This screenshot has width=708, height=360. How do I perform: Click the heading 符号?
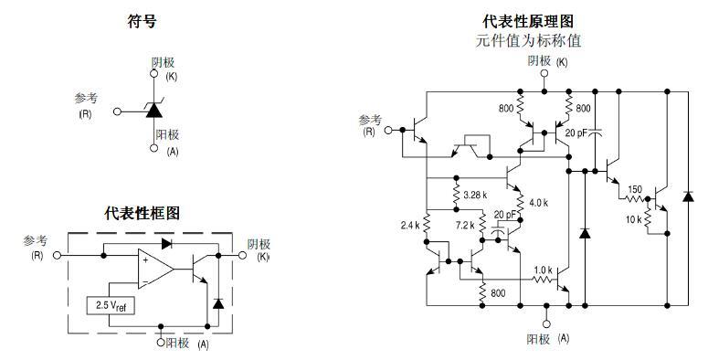(x=141, y=21)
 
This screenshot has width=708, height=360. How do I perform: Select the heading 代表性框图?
(x=142, y=213)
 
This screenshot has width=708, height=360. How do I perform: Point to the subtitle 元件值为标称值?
(x=528, y=40)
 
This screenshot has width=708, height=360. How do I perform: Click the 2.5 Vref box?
(x=109, y=306)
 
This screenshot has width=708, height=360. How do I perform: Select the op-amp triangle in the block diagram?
(x=154, y=269)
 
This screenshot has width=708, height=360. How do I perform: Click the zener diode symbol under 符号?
(x=153, y=111)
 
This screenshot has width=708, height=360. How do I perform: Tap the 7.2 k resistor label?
(x=466, y=224)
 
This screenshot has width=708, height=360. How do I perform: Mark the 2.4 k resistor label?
(x=410, y=224)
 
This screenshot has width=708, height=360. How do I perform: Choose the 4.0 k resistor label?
(x=537, y=203)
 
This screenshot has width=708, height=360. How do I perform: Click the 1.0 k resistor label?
(x=544, y=270)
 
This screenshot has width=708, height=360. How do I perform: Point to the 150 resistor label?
(x=634, y=190)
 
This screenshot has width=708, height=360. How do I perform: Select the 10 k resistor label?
(x=632, y=219)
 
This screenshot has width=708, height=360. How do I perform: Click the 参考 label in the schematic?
(x=370, y=120)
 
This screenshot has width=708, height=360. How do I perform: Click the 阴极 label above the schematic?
(x=540, y=61)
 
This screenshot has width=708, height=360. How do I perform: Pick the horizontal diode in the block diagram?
(x=164, y=244)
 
